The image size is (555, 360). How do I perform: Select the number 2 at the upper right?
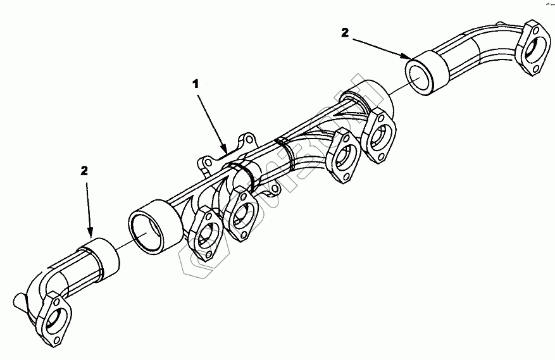coord(345,33)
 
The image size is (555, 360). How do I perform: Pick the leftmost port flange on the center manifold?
coord(204,233)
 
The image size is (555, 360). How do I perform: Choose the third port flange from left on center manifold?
coord(346,158)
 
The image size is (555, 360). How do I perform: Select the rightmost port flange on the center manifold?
coord(380,135)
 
